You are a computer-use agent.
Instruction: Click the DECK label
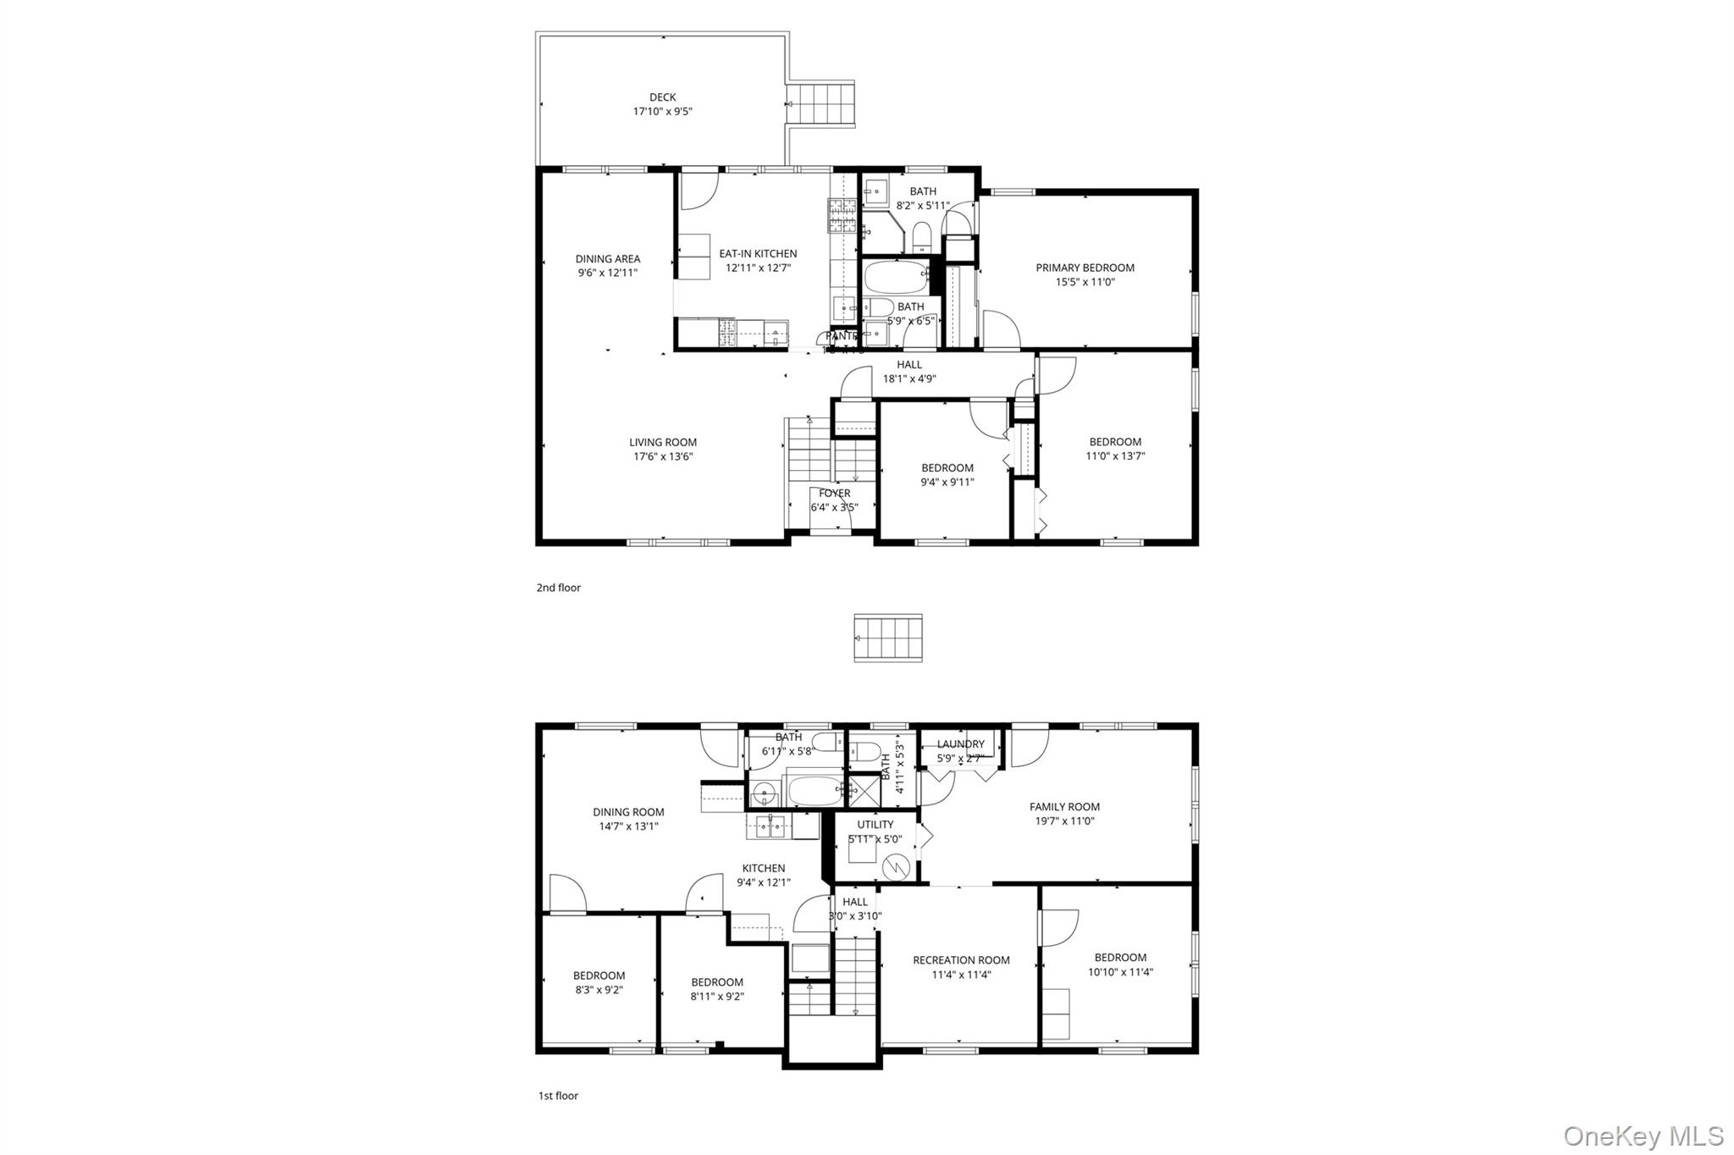pyautogui.click(x=662, y=97)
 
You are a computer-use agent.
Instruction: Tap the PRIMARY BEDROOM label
pyautogui.click(x=1085, y=268)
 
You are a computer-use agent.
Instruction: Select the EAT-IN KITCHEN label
pyautogui.click(x=758, y=253)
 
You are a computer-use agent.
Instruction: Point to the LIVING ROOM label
pyautogui.click(x=663, y=442)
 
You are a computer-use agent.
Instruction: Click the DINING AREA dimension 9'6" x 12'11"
pyautogui.click(x=607, y=273)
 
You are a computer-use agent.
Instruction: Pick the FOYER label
pyautogui.click(x=834, y=493)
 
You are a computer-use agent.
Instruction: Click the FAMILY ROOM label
pyautogui.click(x=1064, y=807)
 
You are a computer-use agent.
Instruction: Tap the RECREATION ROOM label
pyautogui.click(x=961, y=960)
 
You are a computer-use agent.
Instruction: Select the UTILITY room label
pyautogui.click(x=875, y=825)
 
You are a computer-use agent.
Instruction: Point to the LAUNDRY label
pyautogui.click(x=960, y=744)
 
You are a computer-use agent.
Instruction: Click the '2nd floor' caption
pyautogui.click(x=558, y=588)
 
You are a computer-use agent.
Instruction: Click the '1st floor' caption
pyautogui.click(x=558, y=1096)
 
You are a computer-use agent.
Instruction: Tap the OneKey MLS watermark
pyautogui.click(x=1643, y=1136)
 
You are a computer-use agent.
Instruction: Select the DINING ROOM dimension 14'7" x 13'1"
pyautogui.click(x=628, y=826)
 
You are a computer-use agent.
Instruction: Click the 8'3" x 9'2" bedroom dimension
pyautogui.click(x=598, y=990)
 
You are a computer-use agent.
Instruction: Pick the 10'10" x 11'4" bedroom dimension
pyautogui.click(x=1120, y=972)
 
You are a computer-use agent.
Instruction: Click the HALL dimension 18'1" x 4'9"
pyautogui.click(x=909, y=379)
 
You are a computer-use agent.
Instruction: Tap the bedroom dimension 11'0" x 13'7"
pyautogui.click(x=1115, y=456)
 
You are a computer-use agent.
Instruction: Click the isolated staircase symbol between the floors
pyautogui.click(x=887, y=638)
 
